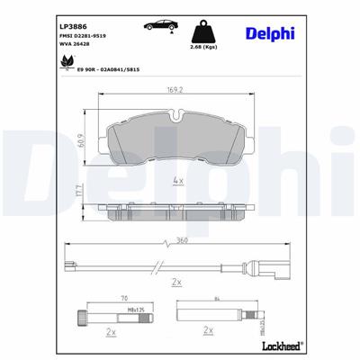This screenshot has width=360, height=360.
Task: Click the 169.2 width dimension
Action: coord(175,90)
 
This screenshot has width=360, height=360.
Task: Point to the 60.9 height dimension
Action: coord(80,140)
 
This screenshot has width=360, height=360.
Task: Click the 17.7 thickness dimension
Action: coord(80,191)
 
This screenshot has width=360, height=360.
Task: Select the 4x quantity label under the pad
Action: coord(178,182)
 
